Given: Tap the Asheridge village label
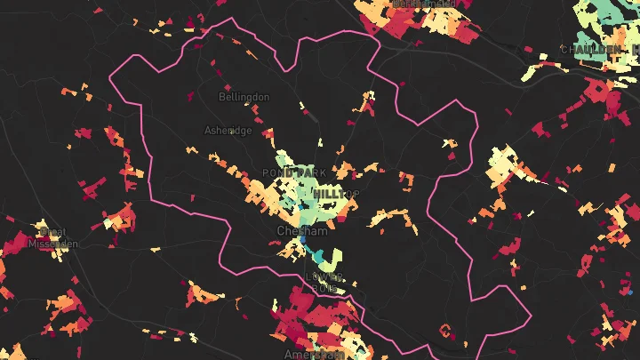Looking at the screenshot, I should (228, 130).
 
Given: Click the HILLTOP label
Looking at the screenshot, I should (336, 193).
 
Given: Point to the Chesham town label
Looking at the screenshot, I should (302, 230).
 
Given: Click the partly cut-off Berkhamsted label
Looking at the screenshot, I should (423, 4).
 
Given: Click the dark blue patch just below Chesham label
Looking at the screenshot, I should (303, 241).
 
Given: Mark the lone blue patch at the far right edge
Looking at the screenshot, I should (629, 291).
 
